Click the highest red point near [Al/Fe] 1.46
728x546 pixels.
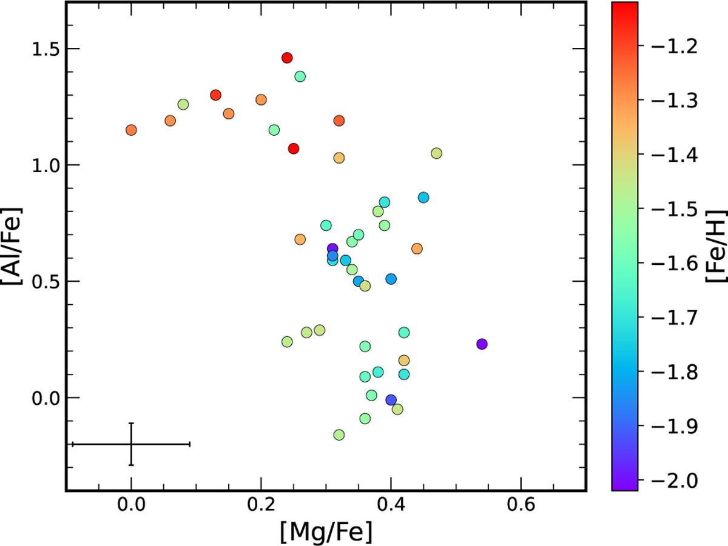(287, 58)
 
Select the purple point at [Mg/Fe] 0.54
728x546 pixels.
(482, 344)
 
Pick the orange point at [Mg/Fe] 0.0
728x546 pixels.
(131, 130)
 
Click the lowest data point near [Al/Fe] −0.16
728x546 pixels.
(339, 434)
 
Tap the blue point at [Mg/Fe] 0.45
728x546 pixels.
(423, 198)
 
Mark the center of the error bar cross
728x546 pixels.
(131, 444)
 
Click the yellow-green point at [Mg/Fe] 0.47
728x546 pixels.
(436, 153)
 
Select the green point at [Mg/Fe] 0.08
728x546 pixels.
(183, 104)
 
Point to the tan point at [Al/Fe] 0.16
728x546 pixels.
(404, 361)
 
